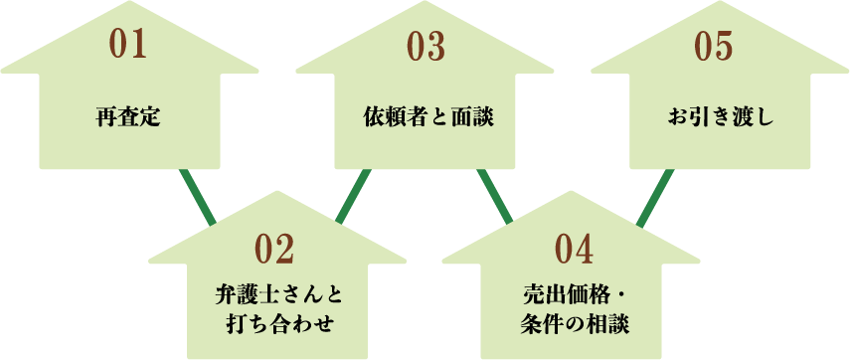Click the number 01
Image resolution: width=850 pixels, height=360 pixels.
tap(128, 46)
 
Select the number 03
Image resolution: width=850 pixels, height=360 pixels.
tap(425, 47)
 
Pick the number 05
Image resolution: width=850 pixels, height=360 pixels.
tap(712, 46)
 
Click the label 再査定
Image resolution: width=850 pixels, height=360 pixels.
tap(128, 119)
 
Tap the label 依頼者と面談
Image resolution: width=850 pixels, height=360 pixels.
tap(426, 119)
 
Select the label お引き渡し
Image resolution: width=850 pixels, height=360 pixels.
tap(720, 119)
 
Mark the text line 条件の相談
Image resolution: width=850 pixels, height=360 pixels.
tap(575, 323)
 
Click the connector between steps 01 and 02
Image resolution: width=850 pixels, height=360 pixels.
tap(198, 196)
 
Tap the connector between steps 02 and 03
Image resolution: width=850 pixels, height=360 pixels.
tap(353, 196)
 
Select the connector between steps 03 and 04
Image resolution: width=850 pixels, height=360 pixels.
tap(495, 196)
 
